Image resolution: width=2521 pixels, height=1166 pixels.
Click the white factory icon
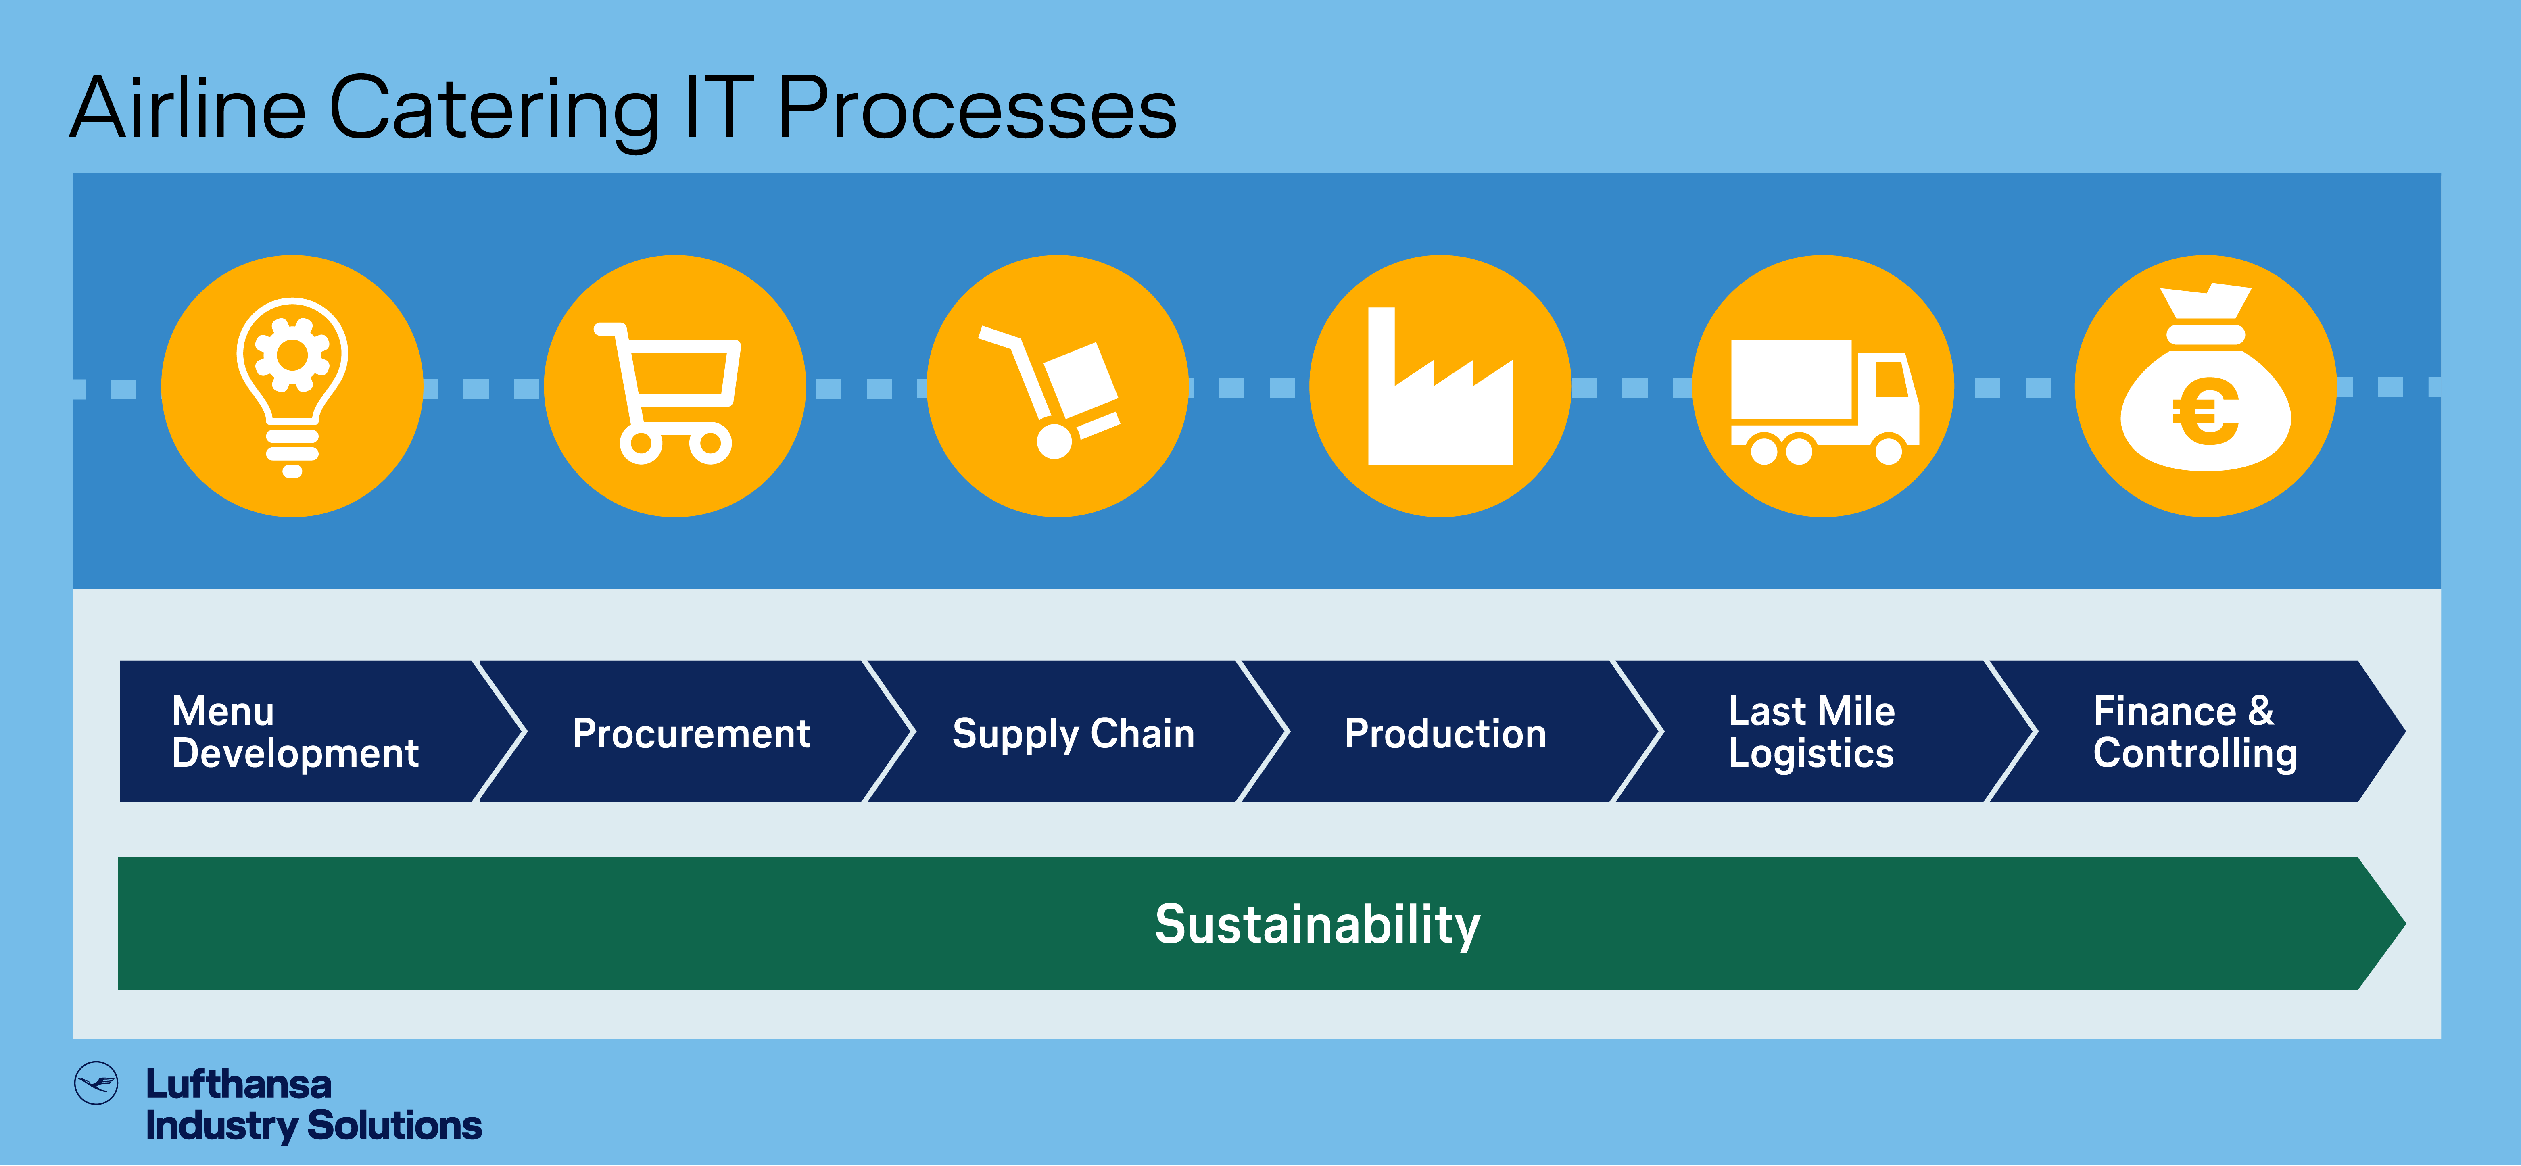[x=1440, y=386]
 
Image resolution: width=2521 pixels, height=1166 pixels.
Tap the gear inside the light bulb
[x=292, y=354]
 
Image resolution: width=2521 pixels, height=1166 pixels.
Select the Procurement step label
[x=691, y=734]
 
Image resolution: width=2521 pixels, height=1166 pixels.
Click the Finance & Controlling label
[x=2194, y=732]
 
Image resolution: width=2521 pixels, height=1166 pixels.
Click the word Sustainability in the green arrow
[x=1317, y=924]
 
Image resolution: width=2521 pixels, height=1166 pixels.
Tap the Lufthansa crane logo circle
[x=96, y=1083]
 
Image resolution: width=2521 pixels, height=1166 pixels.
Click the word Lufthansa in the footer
[x=239, y=1084]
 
